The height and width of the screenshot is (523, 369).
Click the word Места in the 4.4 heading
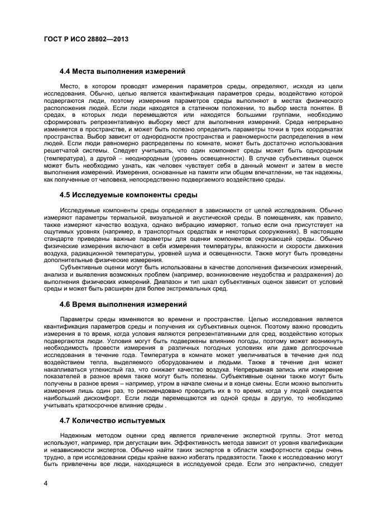point(89,72)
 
